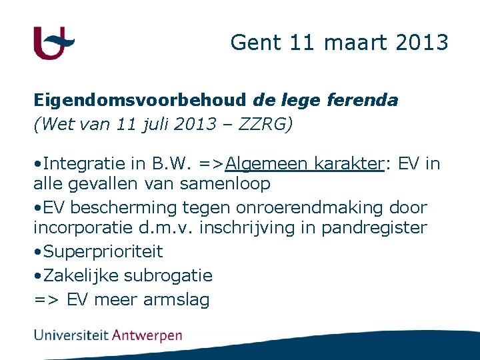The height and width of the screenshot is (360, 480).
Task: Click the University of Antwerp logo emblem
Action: coord(54,43)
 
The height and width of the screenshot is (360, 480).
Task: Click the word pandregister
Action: coord(374,227)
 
